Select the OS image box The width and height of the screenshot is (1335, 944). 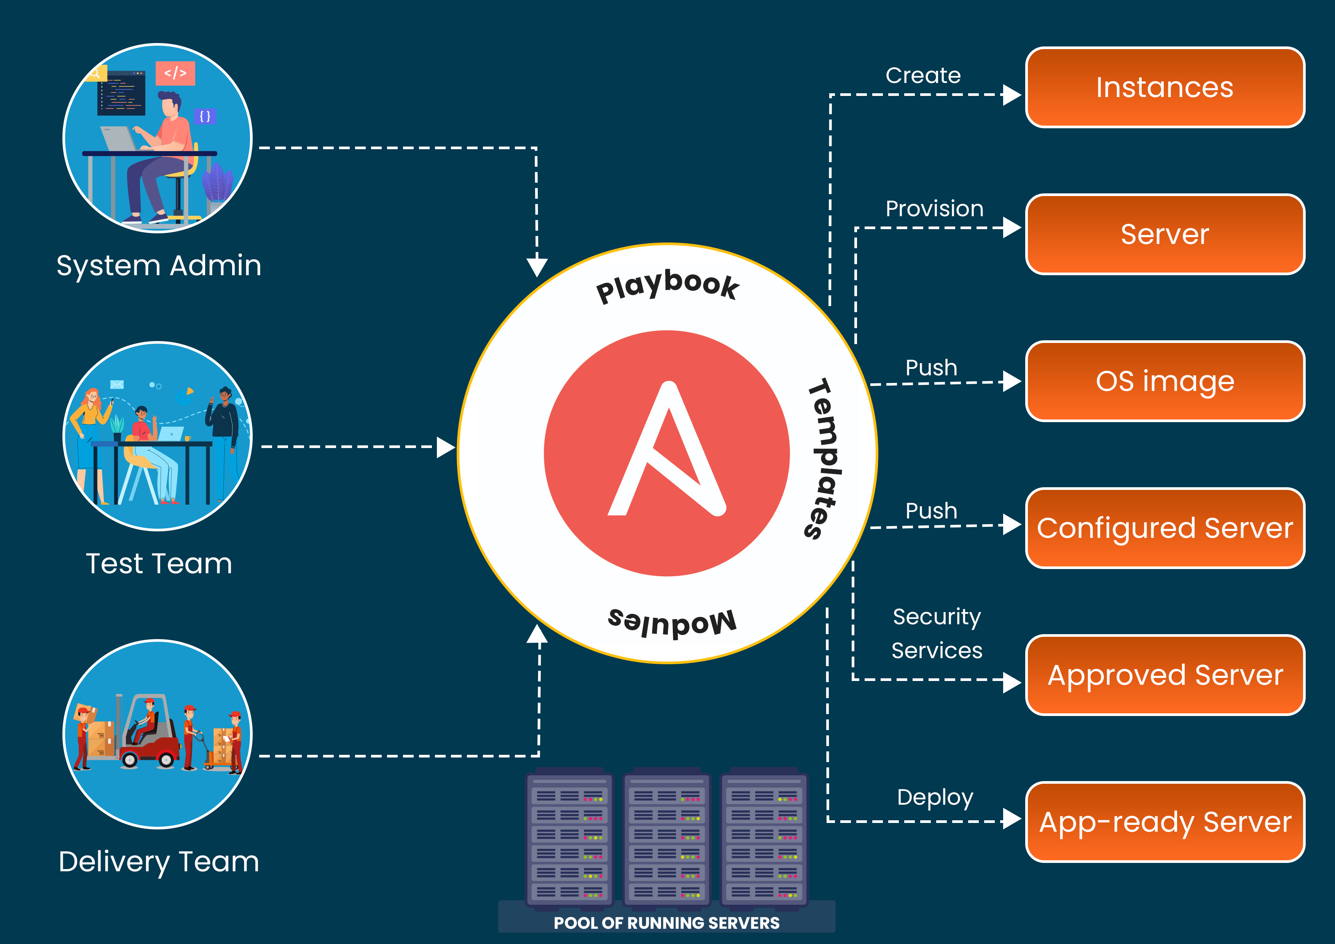[x=1165, y=381]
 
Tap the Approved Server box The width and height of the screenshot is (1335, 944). [x=1165, y=675]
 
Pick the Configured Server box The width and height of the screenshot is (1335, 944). [x=1165, y=528]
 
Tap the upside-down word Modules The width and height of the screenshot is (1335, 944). [x=672, y=622]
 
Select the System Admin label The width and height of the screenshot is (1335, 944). [x=159, y=266]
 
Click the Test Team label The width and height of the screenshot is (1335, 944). [x=159, y=564]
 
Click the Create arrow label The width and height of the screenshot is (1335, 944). [x=923, y=76]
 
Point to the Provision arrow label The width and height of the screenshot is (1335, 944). [x=934, y=209]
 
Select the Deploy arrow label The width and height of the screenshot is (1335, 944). [x=934, y=797]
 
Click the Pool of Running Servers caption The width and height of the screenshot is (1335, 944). [x=666, y=923]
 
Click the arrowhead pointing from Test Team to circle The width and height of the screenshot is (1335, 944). [x=445, y=447]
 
